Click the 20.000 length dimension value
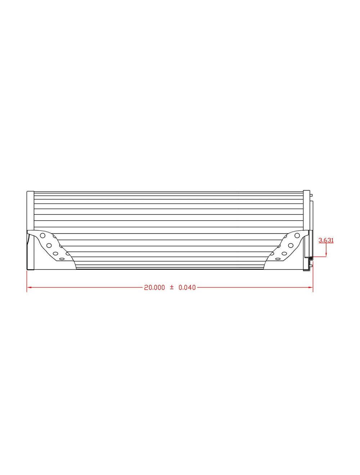(154, 288)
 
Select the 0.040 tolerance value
(187, 288)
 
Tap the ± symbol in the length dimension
(172, 287)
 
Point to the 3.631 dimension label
(326, 240)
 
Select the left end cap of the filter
(31, 230)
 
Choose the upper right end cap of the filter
(306, 209)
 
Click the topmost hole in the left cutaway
(43, 235)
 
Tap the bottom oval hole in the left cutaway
(62, 259)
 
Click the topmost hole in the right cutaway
(297, 235)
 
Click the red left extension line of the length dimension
(27, 281)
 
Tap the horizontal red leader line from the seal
(319, 257)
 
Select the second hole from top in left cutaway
(48, 245)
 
